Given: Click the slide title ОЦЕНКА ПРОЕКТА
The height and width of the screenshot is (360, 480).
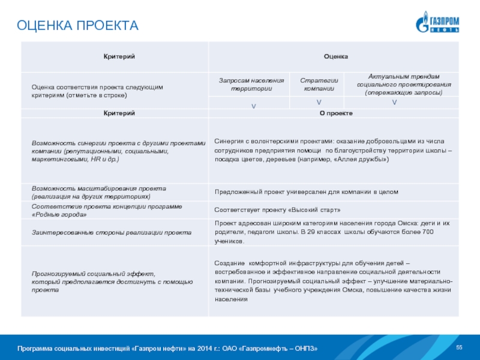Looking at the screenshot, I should pos(77,26).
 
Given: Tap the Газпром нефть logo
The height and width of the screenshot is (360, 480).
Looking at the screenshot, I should pos(437,22).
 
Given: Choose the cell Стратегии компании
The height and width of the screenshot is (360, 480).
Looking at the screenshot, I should pos(319,85).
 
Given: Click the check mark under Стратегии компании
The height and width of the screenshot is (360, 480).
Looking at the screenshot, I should pos(319,103).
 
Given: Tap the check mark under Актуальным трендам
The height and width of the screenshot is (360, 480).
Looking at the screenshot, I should pos(394,103).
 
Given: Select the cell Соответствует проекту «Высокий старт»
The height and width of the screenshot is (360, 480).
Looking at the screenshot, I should pos(278,210).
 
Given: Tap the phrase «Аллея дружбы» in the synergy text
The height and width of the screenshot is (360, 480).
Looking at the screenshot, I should pos(366,160).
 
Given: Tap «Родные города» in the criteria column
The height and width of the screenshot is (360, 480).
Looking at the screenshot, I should pos(55,214).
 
